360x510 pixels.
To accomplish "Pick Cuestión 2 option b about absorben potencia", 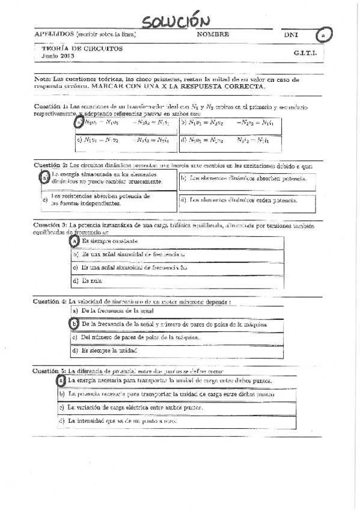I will point(246,178).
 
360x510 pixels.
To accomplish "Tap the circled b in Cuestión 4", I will point(75,324).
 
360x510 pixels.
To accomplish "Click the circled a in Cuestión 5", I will point(61,381).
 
